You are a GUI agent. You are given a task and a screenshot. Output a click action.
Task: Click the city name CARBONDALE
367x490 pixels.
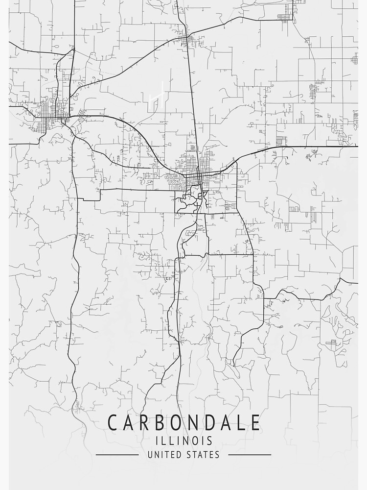pyautogui.click(x=183, y=422)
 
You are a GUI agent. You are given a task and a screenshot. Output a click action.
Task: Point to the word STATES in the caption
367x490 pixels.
pyautogui.click(x=203, y=455)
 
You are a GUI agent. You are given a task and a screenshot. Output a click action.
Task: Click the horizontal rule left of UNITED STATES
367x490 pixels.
pyautogui.click(x=117, y=455)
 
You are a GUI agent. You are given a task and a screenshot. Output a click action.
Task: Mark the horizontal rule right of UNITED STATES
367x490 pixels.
pyautogui.click(x=250, y=455)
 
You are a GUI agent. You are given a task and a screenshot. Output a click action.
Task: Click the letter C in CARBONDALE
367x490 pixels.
pyautogui.click(x=112, y=422)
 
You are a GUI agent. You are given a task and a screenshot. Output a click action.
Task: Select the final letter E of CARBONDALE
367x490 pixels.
pyautogui.click(x=255, y=422)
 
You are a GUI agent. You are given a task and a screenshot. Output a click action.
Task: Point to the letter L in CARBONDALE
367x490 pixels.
pyautogui.click(x=239, y=422)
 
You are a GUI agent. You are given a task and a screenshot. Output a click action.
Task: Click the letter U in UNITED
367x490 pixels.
pyautogui.click(x=150, y=455)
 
